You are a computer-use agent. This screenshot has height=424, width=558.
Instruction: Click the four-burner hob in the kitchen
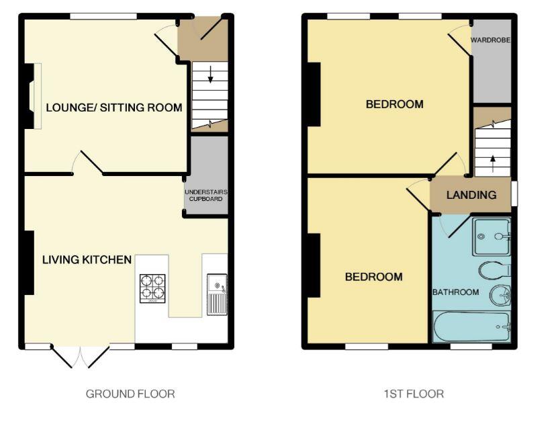click(x=152, y=288)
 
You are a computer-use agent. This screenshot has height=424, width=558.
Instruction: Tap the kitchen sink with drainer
click(x=217, y=294)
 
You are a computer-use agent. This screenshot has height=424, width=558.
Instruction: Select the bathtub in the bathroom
click(x=471, y=327)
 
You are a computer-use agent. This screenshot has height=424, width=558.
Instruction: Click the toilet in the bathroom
click(x=495, y=271)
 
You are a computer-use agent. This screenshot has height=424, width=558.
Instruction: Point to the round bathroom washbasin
click(x=500, y=295)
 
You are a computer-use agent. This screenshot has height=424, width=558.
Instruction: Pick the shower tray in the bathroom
click(x=492, y=237)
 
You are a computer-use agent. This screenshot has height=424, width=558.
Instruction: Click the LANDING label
click(x=471, y=195)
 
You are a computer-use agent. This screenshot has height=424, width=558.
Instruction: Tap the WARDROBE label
click(x=490, y=40)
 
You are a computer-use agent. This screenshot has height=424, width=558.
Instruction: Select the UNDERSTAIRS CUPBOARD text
click(x=205, y=196)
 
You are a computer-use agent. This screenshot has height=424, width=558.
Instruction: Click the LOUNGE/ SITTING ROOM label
click(x=114, y=108)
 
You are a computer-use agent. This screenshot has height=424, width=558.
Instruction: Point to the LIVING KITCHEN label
click(x=87, y=259)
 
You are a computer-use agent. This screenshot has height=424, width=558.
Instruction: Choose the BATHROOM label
click(x=455, y=292)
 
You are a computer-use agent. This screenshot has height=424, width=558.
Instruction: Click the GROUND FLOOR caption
click(x=130, y=394)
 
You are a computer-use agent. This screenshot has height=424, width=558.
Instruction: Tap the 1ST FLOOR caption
click(x=414, y=394)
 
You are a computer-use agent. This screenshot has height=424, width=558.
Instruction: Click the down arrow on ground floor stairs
click(x=210, y=75)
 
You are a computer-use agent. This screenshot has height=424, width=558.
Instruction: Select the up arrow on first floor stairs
click(x=493, y=164)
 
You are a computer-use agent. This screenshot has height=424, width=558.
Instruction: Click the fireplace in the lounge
click(x=33, y=96)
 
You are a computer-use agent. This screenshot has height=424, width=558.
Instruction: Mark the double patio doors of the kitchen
click(x=81, y=355)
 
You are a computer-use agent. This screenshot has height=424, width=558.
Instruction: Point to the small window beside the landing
click(x=514, y=194)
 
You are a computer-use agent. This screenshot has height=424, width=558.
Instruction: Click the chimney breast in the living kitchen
click(x=29, y=263)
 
